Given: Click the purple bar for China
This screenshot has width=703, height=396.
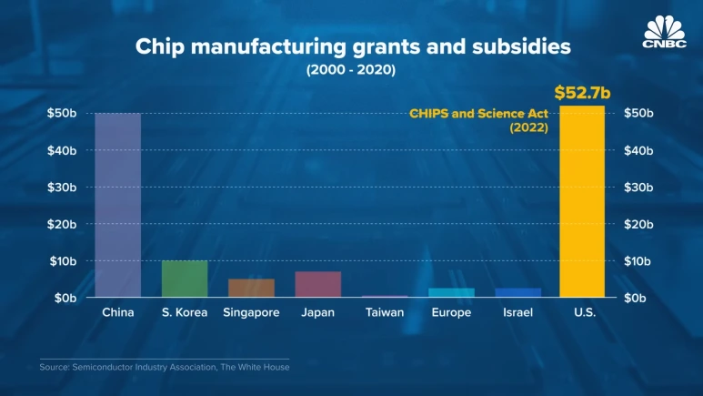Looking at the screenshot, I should pos(118,205).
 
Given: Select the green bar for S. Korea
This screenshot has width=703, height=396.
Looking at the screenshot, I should pos(185,279).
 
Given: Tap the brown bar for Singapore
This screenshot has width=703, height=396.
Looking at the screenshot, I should pos(251,288).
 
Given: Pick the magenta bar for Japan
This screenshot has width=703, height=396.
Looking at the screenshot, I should pos(317,284).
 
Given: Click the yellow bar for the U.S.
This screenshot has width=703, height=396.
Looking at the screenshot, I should pos(582,202).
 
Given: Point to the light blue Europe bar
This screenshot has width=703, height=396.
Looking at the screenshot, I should pos(451,292).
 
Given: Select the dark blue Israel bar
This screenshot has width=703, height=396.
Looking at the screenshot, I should pos(517,292).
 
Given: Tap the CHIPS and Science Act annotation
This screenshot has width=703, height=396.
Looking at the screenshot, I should pos(479,120).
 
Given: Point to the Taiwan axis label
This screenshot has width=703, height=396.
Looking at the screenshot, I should pos(385,312).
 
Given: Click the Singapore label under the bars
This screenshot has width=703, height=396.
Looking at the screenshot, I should pos(251,312).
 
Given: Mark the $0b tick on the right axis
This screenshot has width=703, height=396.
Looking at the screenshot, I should pos(640,298).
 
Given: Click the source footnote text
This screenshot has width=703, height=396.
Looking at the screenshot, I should pos(164,367).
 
